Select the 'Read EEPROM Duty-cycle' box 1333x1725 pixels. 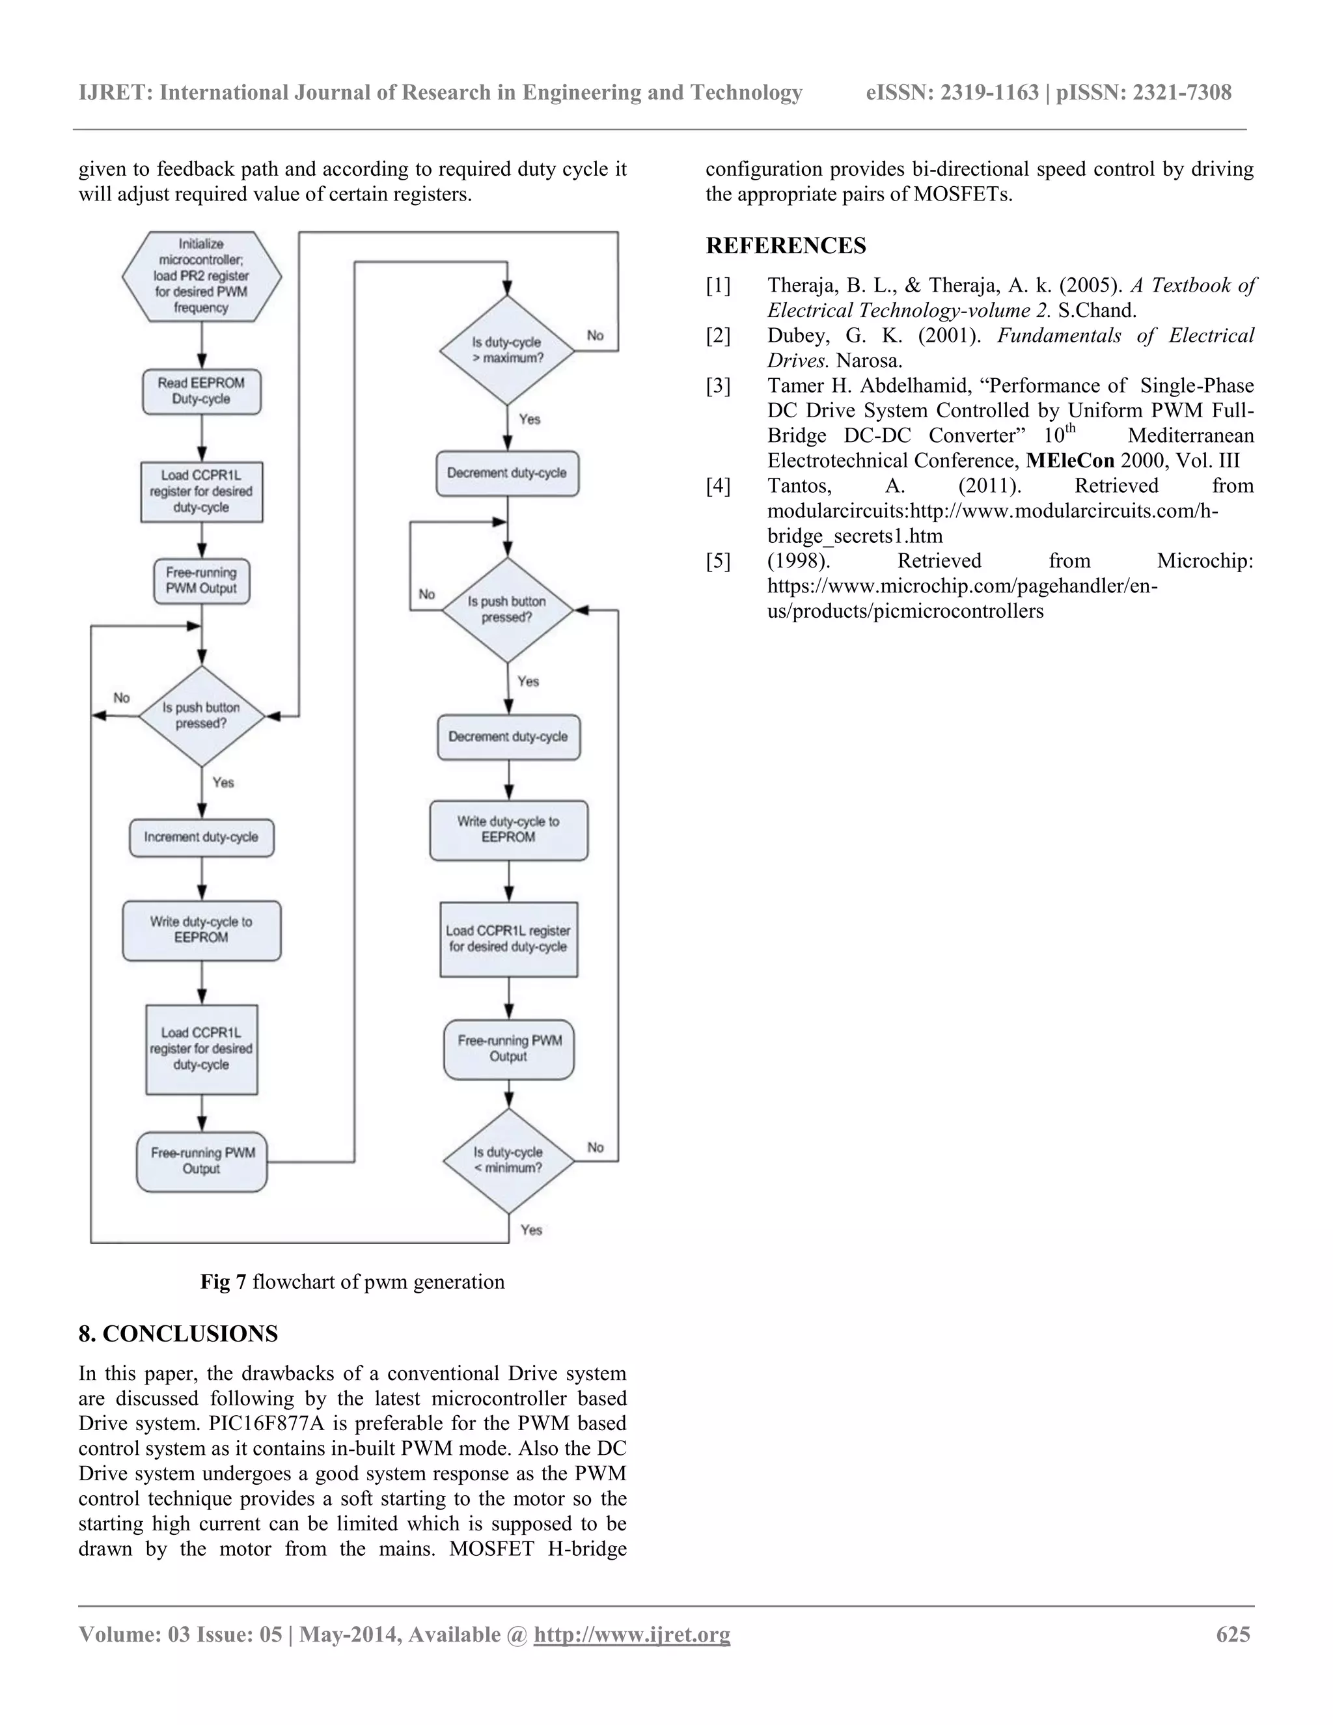click(201, 391)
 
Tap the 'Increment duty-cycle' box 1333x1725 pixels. click(201, 837)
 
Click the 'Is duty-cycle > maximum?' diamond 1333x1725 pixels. click(507, 350)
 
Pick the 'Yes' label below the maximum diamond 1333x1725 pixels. click(529, 419)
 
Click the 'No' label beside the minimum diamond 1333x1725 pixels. click(596, 1147)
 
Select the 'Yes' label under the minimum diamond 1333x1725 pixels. click(530, 1230)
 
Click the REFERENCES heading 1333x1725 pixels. click(785, 245)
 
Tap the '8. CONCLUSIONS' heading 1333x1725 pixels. click(178, 1334)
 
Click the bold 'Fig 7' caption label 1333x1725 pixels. click(223, 1282)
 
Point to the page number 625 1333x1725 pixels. click(1233, 1634)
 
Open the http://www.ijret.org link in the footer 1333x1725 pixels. click(632, 1634)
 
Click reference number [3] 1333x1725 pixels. click(718, 385)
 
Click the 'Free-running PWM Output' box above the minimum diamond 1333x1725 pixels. click(508, 1049)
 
